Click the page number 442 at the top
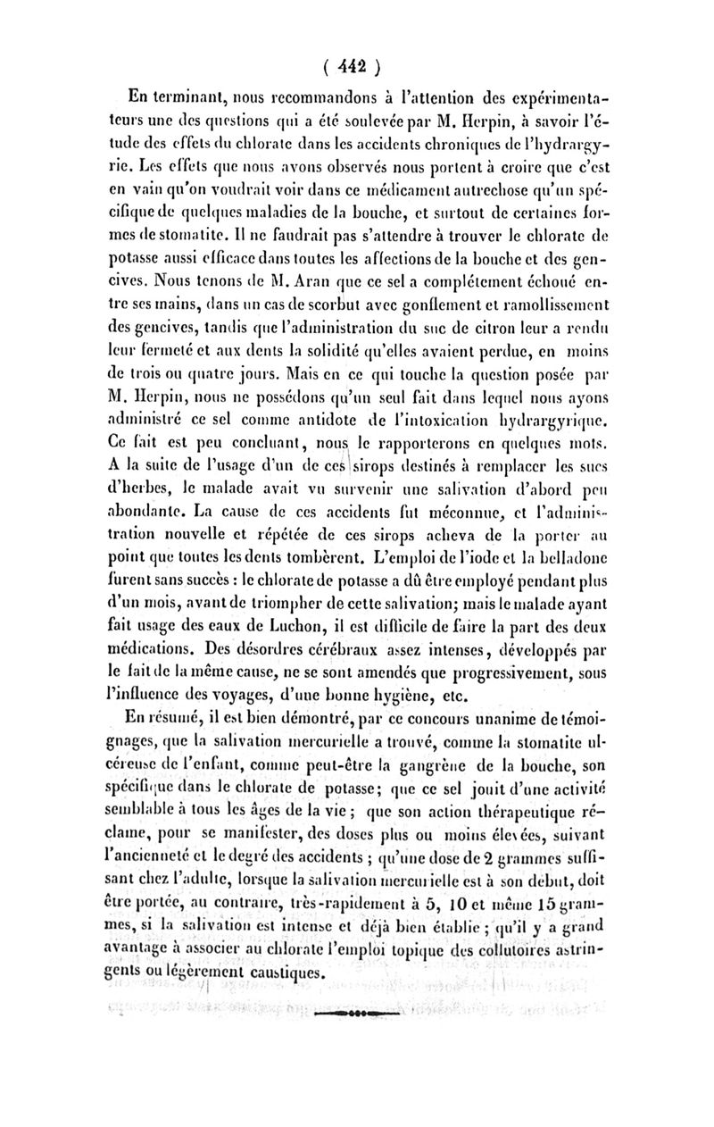click(354, 65)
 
